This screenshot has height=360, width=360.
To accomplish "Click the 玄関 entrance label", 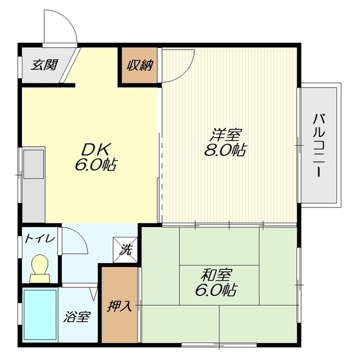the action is (44, 65).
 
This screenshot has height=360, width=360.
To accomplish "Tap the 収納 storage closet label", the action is (140, 65).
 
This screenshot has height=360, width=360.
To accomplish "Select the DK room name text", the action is (96, 150).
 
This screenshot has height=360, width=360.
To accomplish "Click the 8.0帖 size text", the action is (225, 150).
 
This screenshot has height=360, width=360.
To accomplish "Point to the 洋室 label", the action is (226, 135).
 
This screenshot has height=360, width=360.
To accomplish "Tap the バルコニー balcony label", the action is (319, 145).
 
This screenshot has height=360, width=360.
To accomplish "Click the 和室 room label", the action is (217, 275).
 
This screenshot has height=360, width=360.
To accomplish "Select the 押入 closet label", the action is (120, 305).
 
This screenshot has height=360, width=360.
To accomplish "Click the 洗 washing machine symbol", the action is (125, 250).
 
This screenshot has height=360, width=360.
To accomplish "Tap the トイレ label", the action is (40, 238).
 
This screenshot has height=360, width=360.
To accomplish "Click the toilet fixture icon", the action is (40, 268).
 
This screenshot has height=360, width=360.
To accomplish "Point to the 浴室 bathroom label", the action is (77, 317).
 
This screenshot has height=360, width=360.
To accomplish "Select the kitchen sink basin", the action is (34, 164).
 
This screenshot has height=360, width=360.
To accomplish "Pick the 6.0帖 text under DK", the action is (96, 164).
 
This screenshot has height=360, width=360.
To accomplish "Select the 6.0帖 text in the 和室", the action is (216, 290).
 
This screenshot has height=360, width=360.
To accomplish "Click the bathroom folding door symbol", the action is (94, 294).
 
